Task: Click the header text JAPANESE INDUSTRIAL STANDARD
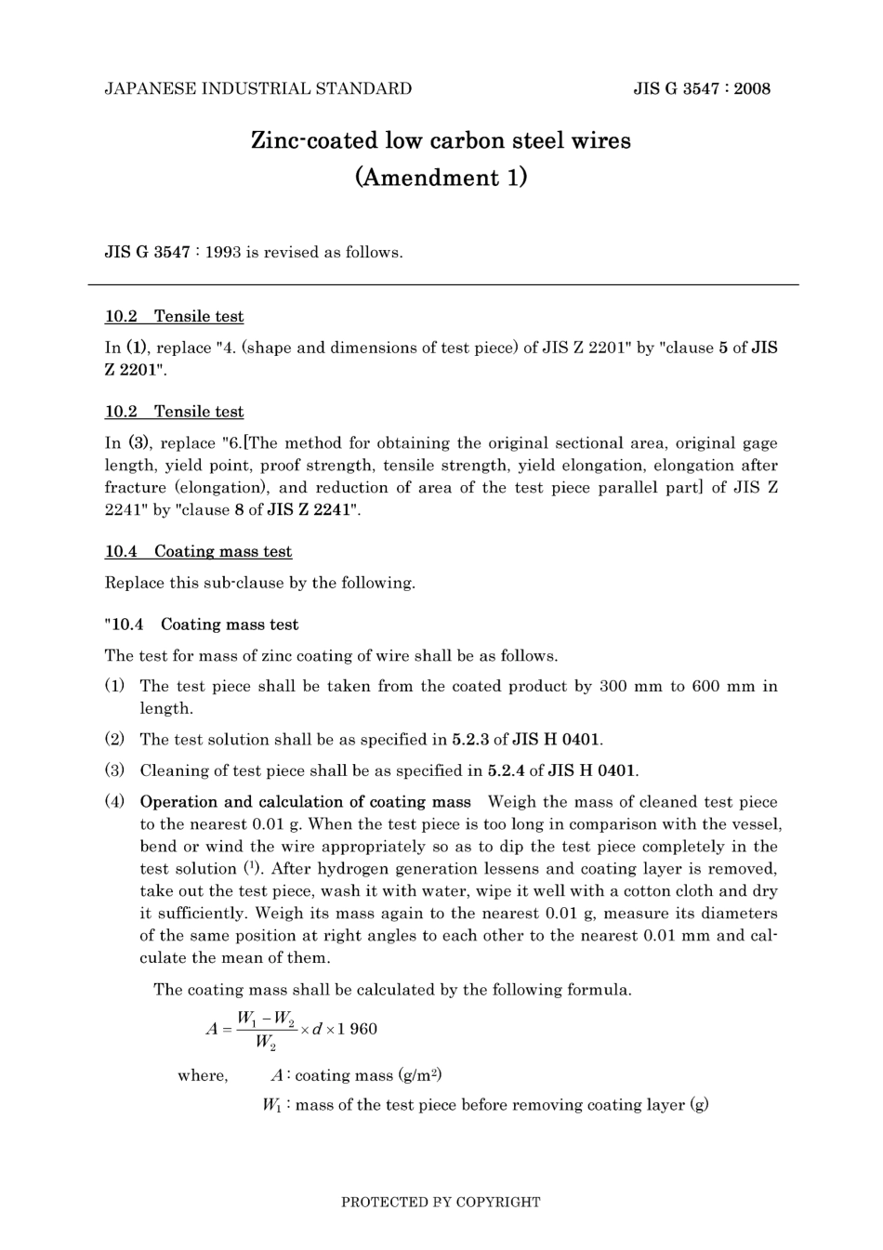pyautogui.click(x=258, y=89)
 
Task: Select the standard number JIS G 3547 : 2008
pyautogui.click(x=702, y=89)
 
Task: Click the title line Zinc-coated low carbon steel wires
pyautogui.click(x=441, y=141)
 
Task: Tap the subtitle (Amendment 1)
pyautogui.click(x=441, y=178)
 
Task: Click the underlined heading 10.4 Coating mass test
pyautogui.click(x=198, y=551)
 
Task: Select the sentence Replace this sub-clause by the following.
pyautogui.click(x=260, y=583)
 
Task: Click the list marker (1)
pyautogui.click(x=114, y=686)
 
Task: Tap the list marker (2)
pyautogui.click(x=114, y=740)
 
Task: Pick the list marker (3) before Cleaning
pyautogui.click(x=114, y=770)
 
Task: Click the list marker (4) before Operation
pyautogui.click(x=114, y=802)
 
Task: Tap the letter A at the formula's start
pyautogui.click(x=211, y=1029)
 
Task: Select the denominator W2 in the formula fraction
pyautogui.click(x=266, y=1044)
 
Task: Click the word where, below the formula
pyautogui.click(x=203, y=1075)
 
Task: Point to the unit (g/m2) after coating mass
pyautogui.click(x=420, y=1075)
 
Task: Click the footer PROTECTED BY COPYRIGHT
pyautogui.click(x=441, y=1202)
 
